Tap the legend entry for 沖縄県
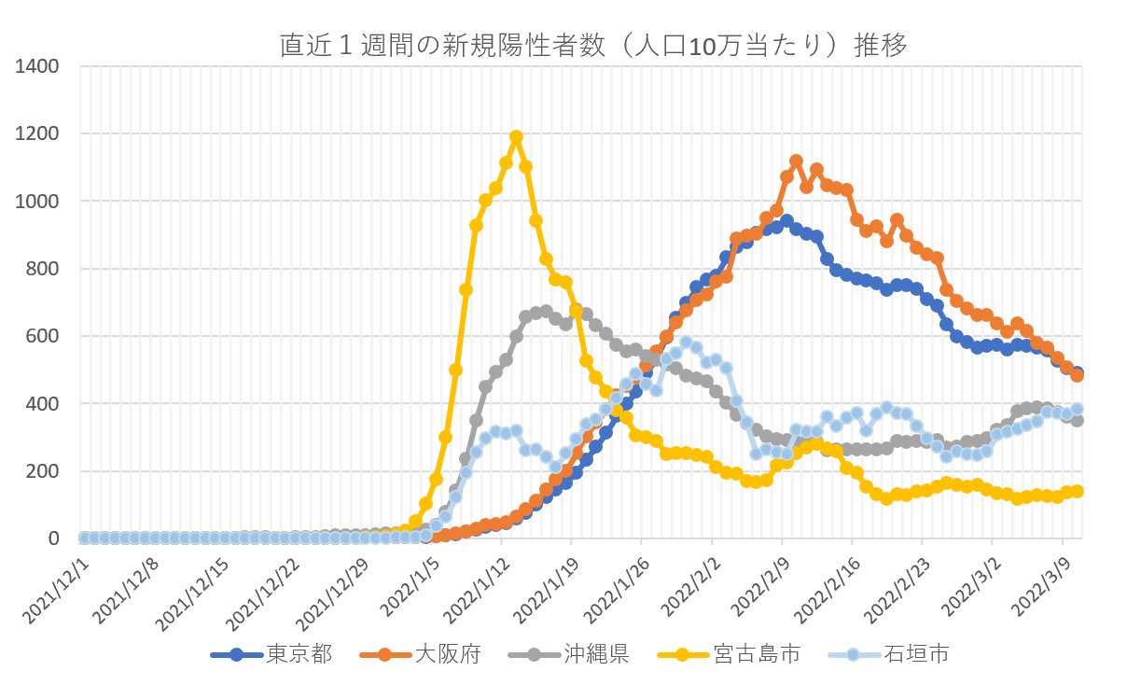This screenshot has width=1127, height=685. point(597,654)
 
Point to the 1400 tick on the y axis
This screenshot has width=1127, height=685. point(38,66)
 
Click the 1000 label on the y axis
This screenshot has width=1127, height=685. point(38,202)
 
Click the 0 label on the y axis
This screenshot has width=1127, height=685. point(54,538)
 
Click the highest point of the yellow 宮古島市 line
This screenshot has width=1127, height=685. point(516,137)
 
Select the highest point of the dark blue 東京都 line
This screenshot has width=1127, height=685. point(786,222)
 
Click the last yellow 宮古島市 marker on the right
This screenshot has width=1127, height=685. point(1077,491)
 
